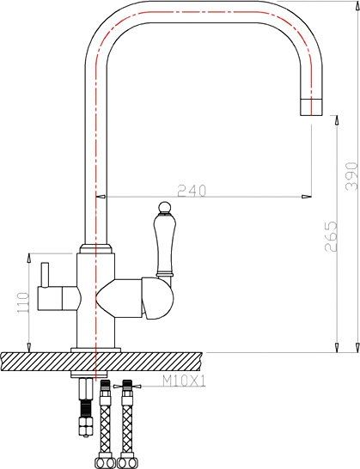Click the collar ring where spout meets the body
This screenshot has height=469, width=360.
pos(96,249)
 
